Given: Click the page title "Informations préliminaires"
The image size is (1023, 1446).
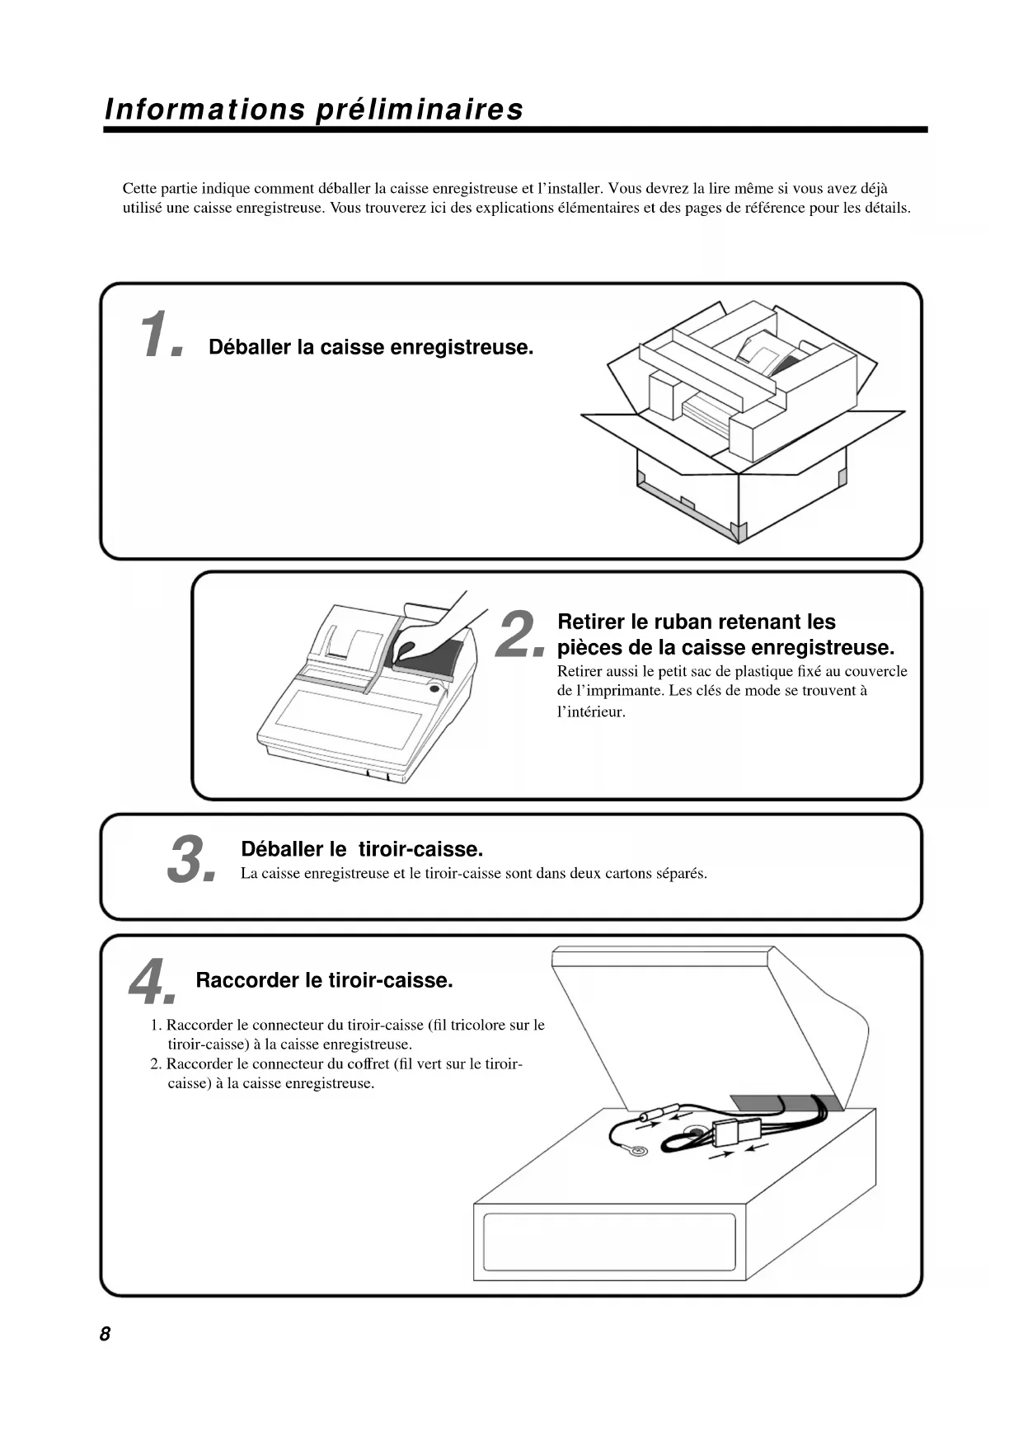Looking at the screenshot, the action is tap(314, 110).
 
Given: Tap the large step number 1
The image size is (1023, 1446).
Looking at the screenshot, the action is tap(161, 336).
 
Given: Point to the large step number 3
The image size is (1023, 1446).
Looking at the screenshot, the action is tap(190, 859).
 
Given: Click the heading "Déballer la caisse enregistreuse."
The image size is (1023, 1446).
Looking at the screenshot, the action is tap(371, 347).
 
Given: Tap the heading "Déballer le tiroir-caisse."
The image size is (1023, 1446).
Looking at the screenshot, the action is tap(362, 849).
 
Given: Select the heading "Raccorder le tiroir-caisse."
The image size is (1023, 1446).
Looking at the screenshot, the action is tap(325, 980).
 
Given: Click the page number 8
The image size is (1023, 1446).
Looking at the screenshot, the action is tap(105, 1334).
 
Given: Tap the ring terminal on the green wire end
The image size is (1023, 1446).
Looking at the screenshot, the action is tap(637, 1150).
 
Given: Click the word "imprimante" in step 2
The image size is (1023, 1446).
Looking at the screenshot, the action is tap(616, 691).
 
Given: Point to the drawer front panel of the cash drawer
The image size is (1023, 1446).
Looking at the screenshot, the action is tap(609, 1242).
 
